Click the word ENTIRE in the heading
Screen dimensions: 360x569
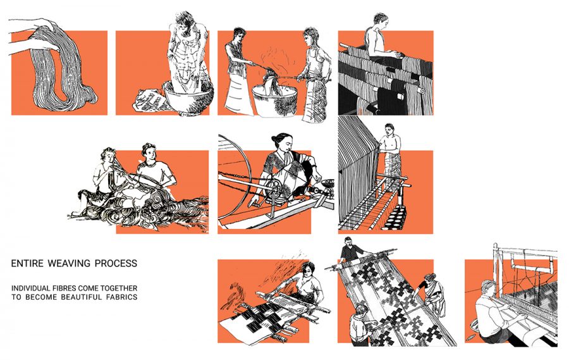coord(26,263)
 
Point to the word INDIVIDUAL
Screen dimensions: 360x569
coord(34,289)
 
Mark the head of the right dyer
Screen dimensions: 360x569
coord(310,35)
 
